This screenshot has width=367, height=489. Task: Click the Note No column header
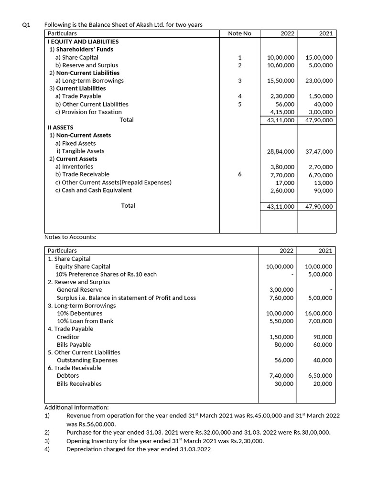pyautogui.click(x=239, y=33)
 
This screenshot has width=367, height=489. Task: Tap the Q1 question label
pyautogui.click(x=27, y=25)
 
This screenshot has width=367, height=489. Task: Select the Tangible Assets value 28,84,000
pyautogui.click(x=281, y=151)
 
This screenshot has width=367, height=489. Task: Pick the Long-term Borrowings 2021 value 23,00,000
pyautogui.click(x=319, y=81)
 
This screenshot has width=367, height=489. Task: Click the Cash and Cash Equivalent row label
pyautogui.click(x=94, y=190)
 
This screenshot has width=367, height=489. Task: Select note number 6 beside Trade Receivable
pyautogui.click(x=239, y=175)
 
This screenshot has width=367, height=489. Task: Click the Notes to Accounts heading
pyautogui.click(x=70, y=237)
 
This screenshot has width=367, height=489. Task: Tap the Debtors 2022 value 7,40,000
pyautogui.click(x=281, y=376)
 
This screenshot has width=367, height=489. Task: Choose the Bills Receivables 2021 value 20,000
pyautogui.click(x=323, y=383)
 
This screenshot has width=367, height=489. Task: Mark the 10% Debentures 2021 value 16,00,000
pyautogui.click(x=319, y=313)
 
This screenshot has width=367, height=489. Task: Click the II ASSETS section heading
pyautogui.click(x=60, y=128)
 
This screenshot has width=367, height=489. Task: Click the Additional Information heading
pyautogui.click(x=76, y=407)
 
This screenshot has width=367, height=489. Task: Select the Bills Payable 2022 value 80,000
pyautogui.click(x=284, y=344)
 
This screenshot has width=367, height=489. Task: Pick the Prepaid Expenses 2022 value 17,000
pyautogui.click(x=284, y=182)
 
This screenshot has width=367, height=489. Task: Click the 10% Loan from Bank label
pyautogui.click(x=85, y=321)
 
